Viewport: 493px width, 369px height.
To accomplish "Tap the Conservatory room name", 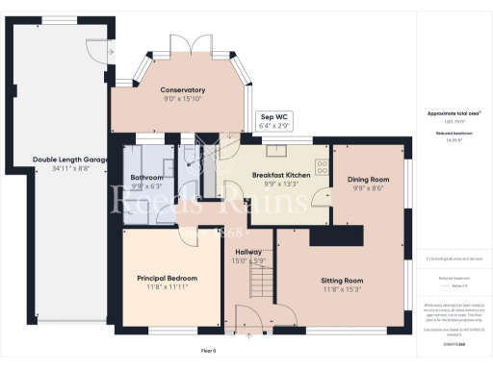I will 183,89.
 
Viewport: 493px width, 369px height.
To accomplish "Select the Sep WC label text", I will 273,118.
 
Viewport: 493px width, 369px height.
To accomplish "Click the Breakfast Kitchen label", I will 281,175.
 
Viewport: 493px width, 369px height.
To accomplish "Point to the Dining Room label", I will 368,180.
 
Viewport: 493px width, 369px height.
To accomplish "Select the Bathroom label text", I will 147,178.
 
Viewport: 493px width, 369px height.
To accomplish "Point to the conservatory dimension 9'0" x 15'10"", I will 183,98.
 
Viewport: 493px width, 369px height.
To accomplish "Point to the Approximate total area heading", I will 453,113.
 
